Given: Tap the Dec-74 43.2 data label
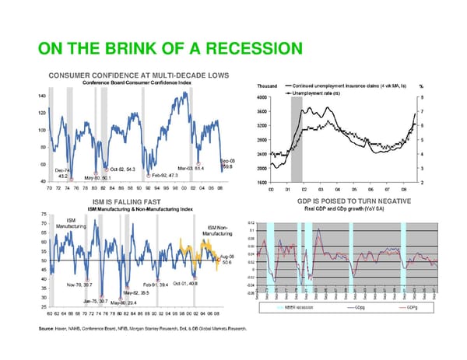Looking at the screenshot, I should [x=62, y=173].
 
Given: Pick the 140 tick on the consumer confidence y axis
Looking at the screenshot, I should [x=40, y=96].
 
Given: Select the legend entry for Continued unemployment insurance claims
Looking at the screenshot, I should [x=344, y=86].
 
